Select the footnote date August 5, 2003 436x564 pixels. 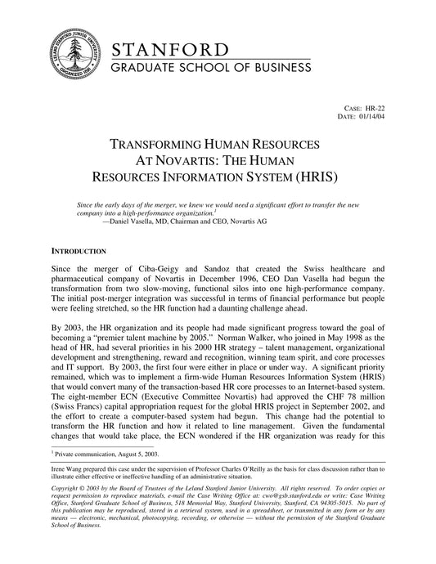(x=142, y=475)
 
